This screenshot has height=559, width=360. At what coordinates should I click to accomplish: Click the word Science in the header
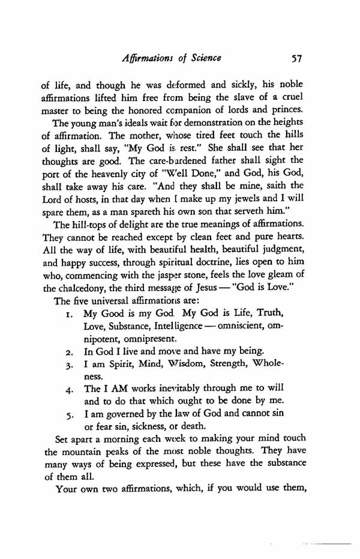point(200,59)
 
